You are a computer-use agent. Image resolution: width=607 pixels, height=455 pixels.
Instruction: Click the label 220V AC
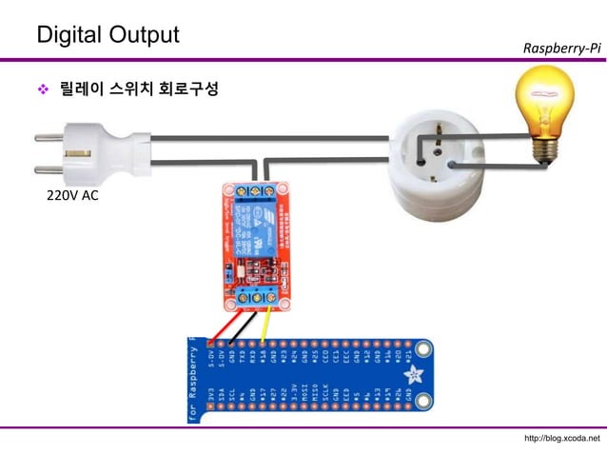[x=72, y=197]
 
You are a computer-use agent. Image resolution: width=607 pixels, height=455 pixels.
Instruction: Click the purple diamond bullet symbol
[x=41, y=91]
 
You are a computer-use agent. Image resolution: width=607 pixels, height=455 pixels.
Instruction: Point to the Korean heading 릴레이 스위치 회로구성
[x=139, y=90]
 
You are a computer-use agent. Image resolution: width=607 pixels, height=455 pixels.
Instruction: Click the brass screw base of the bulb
[x=544, y=148]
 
